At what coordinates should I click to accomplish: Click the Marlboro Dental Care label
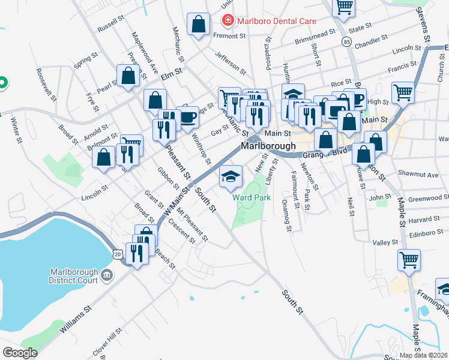coord(277,21)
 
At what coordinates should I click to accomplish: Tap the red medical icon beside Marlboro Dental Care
coord(228,22)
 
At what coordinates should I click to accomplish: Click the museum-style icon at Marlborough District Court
coord(107,275)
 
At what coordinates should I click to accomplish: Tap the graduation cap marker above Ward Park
coord(231,176)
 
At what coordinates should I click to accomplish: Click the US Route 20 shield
coord(118,255)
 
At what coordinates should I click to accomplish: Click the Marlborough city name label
coord(268,146)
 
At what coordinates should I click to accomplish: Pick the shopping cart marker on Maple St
coord(409,260)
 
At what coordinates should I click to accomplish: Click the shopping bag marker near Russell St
coord(198,24)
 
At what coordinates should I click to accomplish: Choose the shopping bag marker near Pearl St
coord(128,76)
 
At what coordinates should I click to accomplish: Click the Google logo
coord(20,353)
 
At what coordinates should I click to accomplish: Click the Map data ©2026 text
coord(424,355)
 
